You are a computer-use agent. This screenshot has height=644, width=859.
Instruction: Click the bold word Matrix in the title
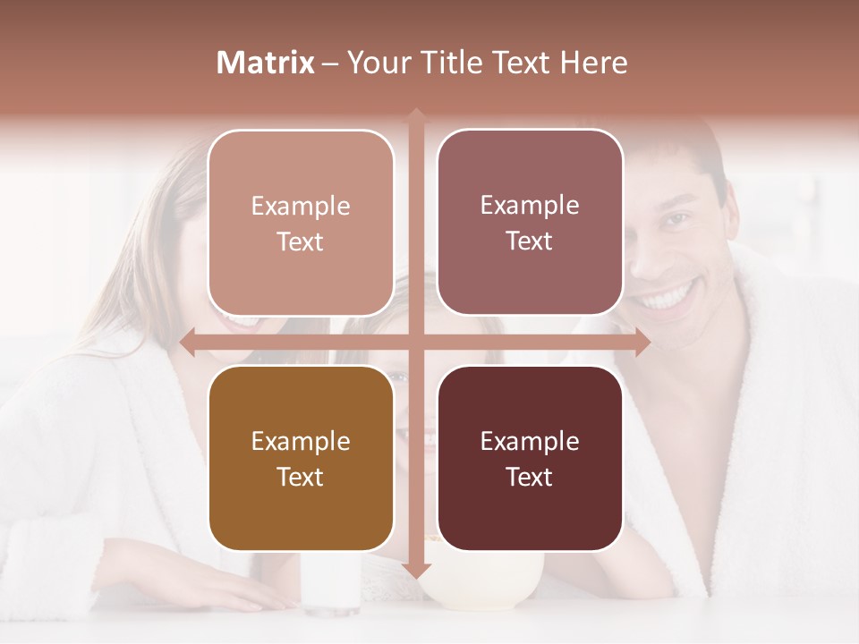266,63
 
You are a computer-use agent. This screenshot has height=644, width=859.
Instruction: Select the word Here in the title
593,63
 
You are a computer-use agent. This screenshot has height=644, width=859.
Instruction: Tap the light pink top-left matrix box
301,223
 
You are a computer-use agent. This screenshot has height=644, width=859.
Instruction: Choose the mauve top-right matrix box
530,222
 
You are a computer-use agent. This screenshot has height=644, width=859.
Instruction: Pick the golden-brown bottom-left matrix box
301,458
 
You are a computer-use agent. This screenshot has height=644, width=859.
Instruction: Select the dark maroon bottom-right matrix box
530,458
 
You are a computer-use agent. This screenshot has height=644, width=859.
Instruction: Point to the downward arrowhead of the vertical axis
415,572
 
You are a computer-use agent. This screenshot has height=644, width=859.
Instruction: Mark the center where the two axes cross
415,342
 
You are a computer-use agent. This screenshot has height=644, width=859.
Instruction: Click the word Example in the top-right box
530,205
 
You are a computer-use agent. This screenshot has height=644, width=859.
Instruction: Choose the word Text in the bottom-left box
301,477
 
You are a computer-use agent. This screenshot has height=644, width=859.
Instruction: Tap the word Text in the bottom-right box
530,477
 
